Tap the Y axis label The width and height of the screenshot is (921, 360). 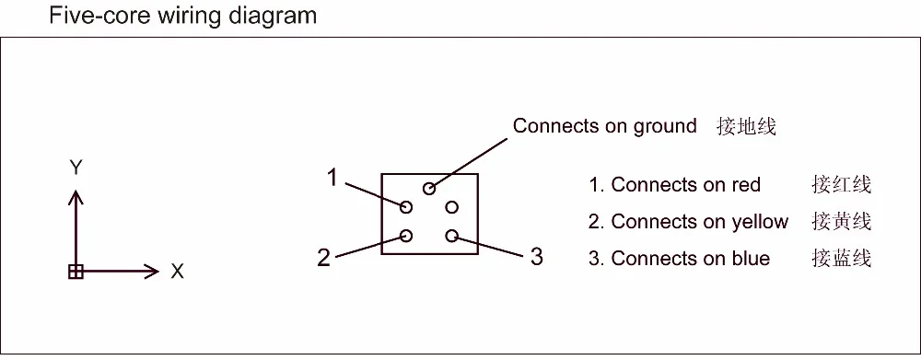coord(77,168)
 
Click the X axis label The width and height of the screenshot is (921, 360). coord(178,272)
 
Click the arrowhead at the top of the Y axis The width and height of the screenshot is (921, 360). coord(77,195)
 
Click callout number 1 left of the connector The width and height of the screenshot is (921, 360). coord(333,178)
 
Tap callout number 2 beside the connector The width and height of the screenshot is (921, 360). coord(323,258)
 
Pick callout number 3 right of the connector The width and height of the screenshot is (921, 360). coord(536,257)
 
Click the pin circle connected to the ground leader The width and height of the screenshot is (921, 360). coord(429,189)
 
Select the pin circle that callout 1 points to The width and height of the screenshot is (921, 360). coord(406,206)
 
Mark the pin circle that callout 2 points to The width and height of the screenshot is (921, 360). coord(406,236)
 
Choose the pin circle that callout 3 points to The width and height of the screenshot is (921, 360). coord(451,236)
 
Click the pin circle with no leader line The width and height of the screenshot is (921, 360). coord(451,206)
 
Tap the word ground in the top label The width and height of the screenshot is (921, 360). coord(663,127)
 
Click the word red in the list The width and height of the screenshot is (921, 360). coord(746,185)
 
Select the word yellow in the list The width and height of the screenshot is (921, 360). coord(760,222)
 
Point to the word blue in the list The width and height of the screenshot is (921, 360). coord(751,259)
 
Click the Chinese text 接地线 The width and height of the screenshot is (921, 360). coord(747,127)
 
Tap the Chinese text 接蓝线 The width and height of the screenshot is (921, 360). coord(842,259)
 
